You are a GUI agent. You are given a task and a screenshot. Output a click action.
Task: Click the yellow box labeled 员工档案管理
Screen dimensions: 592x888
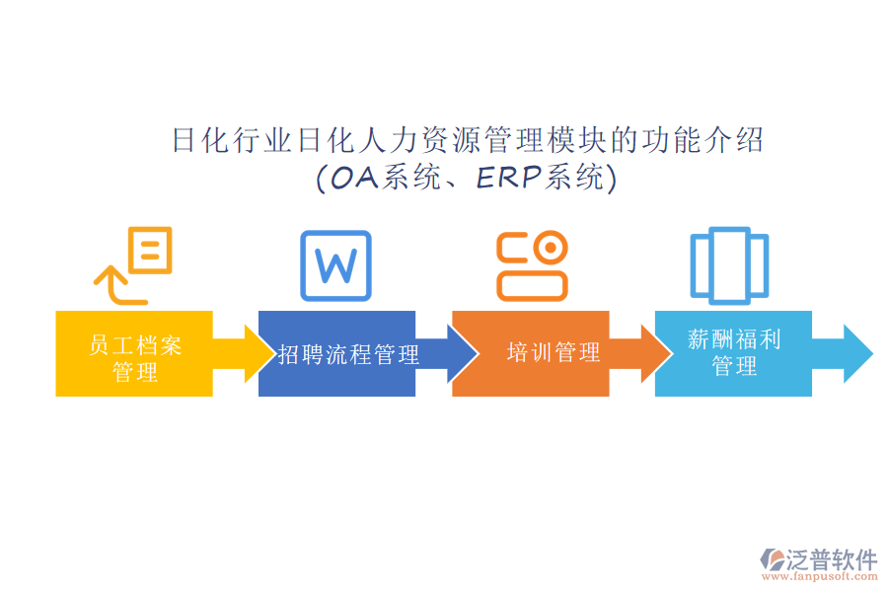pos(134,354)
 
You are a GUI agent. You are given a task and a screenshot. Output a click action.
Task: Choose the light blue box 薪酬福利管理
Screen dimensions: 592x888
pos(733,354)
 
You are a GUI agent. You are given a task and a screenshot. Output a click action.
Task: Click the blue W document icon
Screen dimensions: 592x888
pos(335,265)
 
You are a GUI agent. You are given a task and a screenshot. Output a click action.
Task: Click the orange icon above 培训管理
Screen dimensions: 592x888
pos(532,265)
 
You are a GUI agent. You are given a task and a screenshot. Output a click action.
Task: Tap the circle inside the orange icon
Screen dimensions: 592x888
pos(549,247)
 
